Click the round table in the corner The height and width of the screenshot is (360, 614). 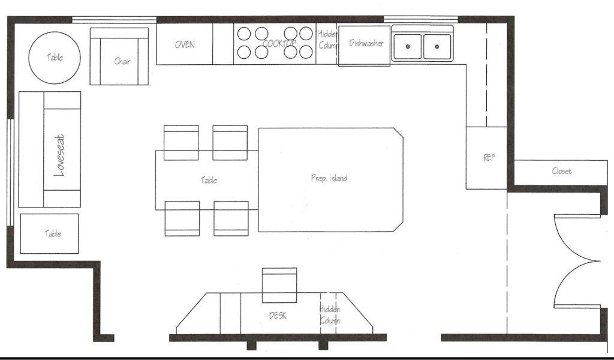pyautogui.click(x=55, y=58)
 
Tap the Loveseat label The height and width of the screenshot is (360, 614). pyautogui.click(x=59, y=155)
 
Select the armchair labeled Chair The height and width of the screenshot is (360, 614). pyautogui.click(x=119, y=56)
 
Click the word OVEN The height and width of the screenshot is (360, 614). pyautogui.click(x=185, y=44)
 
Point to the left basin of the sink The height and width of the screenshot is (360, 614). pyautogui.click(x=407, y=47)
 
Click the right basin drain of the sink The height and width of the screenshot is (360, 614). pyautogui.click(x=437, y=47)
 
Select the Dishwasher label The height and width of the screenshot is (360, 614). pyautogui.click(x=366, y=43)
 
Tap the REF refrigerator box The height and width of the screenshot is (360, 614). pyautogui.click(x=486, y=158)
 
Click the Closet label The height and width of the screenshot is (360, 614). pyautogui.click(x=562, y=171)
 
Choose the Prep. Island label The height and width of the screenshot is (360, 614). pyautogui.click(x=329, y=178)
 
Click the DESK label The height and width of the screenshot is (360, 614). pyautogui.click(x=278, y=316)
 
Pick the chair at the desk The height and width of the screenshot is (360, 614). pyautogui.click(x=279, y=285)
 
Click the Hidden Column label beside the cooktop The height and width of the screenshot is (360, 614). pyautogui.click(x=327, y=40)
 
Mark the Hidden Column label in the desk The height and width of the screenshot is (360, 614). pyautogui.click(x=330, y=314)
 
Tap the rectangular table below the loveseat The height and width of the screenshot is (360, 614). pyautogui.click(x=49, y=233)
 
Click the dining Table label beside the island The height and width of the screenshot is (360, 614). pyautogui.click(x=209, y=180)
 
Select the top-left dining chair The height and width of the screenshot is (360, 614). pyautogui.click(x=181, y=143)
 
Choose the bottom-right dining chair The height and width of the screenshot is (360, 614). pyautogui.click(x=231, y=218)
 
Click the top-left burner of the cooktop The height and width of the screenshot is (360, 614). pyautogui.click(x=244, y=34)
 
